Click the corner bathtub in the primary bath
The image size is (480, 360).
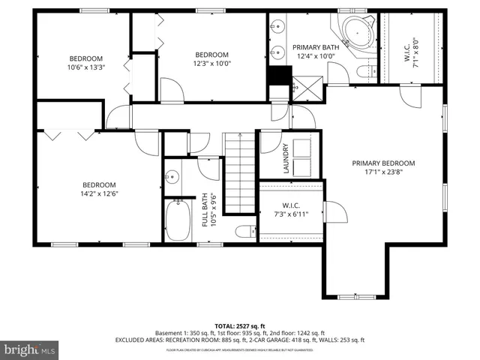click(356, 31)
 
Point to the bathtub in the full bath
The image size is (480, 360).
click(178, 219)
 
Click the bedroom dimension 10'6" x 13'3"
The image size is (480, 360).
click(86, 67)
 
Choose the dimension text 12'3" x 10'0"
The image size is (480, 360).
click(211, 64)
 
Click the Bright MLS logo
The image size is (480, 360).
click(30, 350)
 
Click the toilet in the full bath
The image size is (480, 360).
click(243, 231)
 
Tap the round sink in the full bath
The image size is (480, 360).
click(172, 178)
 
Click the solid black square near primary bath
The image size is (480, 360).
click(279, 75)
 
